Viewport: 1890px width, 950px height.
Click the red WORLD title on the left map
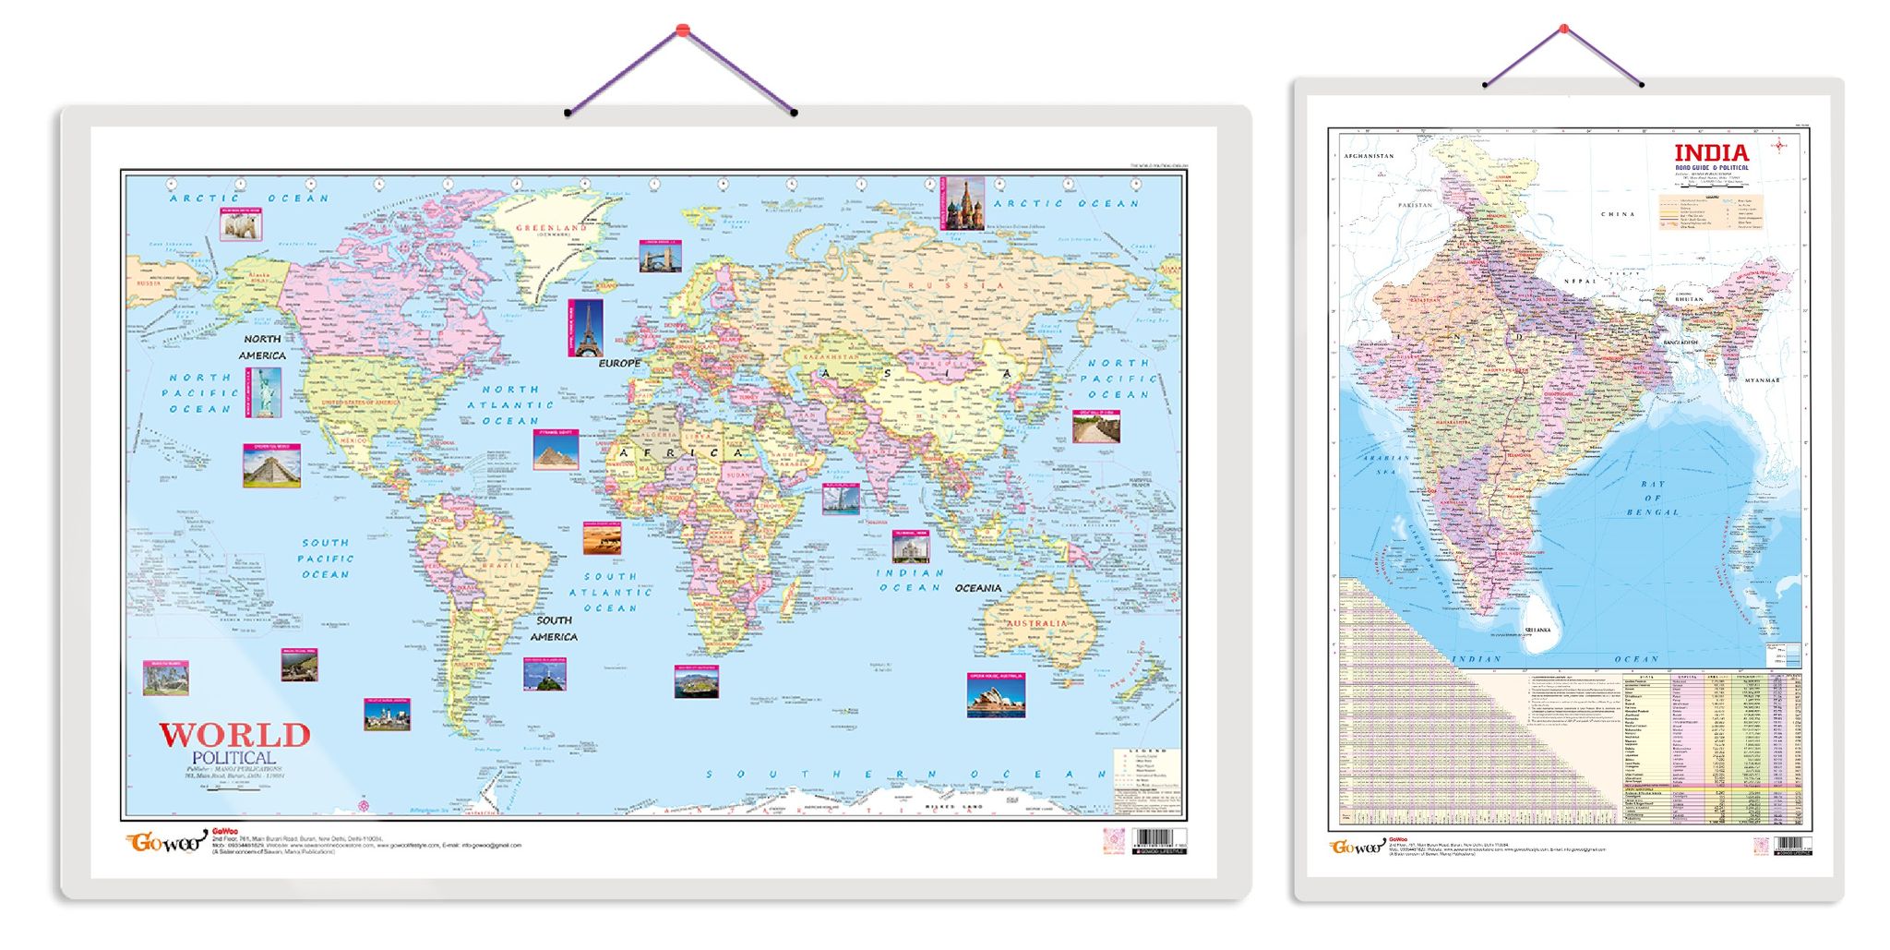coord(234,736)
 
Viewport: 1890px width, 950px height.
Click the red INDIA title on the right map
coord(1711,152)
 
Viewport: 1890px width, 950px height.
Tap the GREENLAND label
coord(551,227)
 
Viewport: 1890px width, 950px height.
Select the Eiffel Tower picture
coord(586,328)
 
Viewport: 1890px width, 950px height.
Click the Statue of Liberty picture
coord(263,392)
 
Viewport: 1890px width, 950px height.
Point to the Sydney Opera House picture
coord(996,695)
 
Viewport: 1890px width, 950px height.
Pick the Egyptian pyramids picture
coord(556,450)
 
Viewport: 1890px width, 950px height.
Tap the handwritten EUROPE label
coord(619,364)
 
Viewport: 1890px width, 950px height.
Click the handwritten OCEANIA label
coord(977,588)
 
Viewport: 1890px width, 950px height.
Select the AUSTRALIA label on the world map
coord(1036,623)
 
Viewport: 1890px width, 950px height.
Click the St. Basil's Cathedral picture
coord(963,204)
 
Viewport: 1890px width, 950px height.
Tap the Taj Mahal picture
coord(910,547)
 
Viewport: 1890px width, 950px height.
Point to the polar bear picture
coord(240,224)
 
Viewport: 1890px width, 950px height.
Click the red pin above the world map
coord(682,30)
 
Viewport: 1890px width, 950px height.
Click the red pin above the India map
coord(1563,30)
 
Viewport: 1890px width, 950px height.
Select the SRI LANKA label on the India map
coord(1537,630)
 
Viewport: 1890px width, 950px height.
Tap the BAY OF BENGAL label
coord(1653,498)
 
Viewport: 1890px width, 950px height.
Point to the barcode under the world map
coord(1158,841)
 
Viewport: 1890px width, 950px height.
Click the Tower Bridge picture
coord(661,257)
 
